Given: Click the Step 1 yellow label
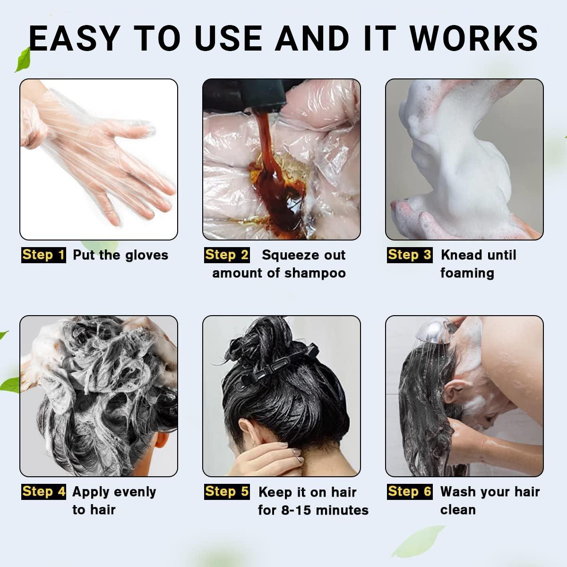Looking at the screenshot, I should pyautogui.click(x=43, y=255).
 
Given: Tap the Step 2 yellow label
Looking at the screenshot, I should pyautogui.click(x=227, y=255).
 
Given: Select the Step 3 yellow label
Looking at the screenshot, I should pyautogui.click(x=410, y=255).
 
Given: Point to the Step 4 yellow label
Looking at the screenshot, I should pyautogui.click(x=43, y=491).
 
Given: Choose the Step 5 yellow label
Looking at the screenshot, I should pyautogui.click(x=227, y=491).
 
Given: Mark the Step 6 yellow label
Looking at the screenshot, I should pyautogui.click(x=410, y=491).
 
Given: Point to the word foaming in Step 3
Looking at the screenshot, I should pyautogui.click(x=467, y=273).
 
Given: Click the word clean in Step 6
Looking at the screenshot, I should pyautogui.click(x=458, y=510).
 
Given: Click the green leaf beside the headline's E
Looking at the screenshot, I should pyautogui.click(x=22, y=59).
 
